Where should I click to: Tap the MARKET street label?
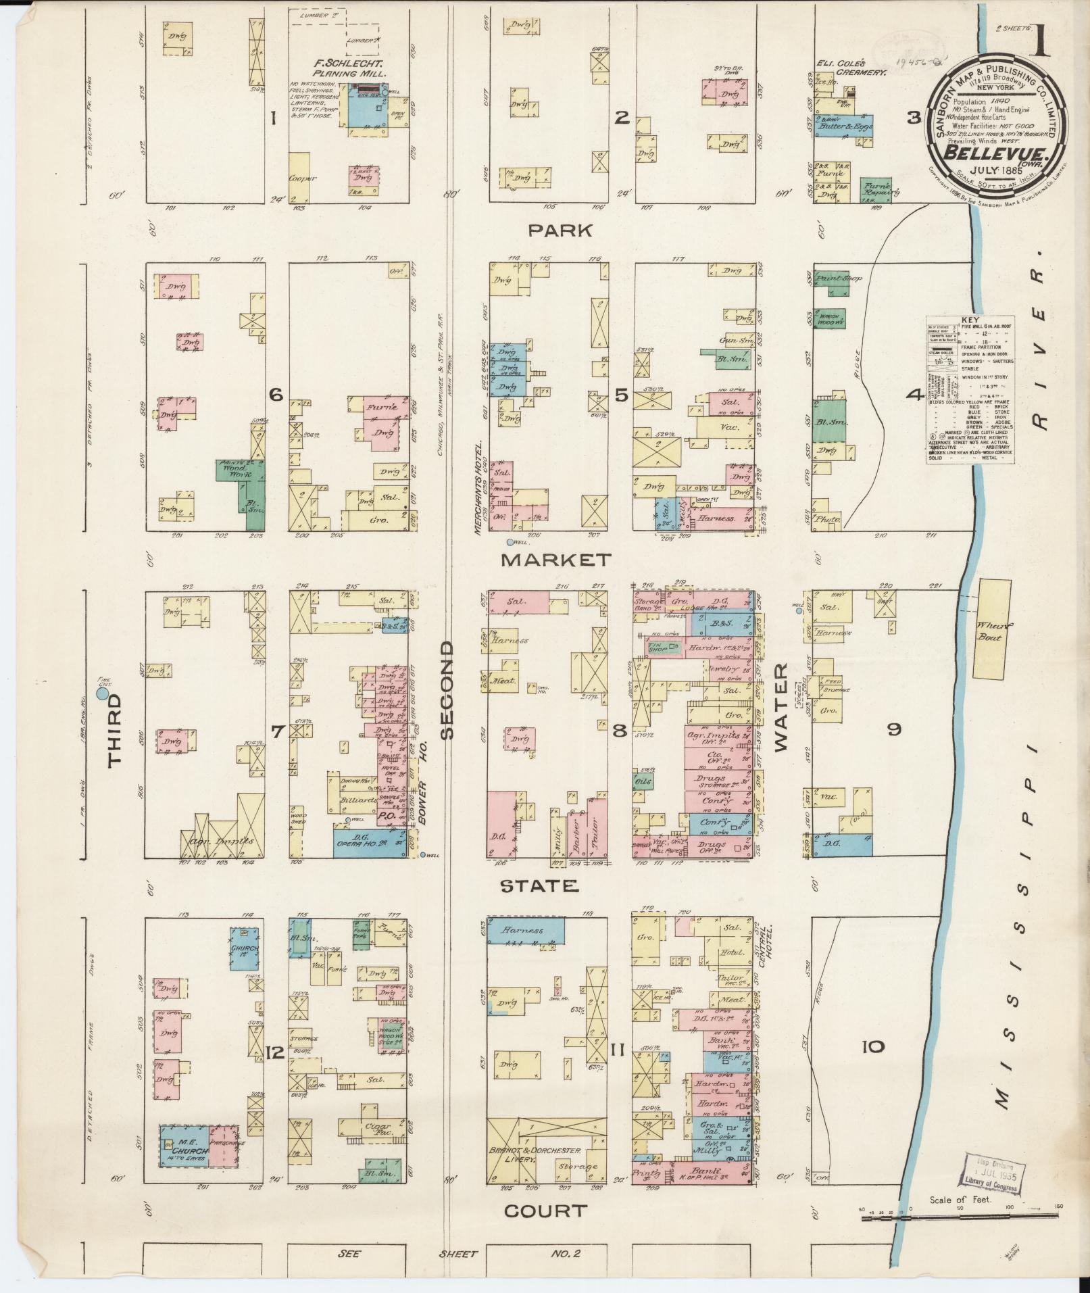[x=555, y=560]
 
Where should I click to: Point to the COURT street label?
[x=545, y=1211]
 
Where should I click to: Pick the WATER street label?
[x=781, y=707]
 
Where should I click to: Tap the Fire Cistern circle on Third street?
[x=104, y=693]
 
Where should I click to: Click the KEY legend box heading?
[x=970, y=320]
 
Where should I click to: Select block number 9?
[x=894, y=729]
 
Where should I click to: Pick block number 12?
[x=274, y=1052]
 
